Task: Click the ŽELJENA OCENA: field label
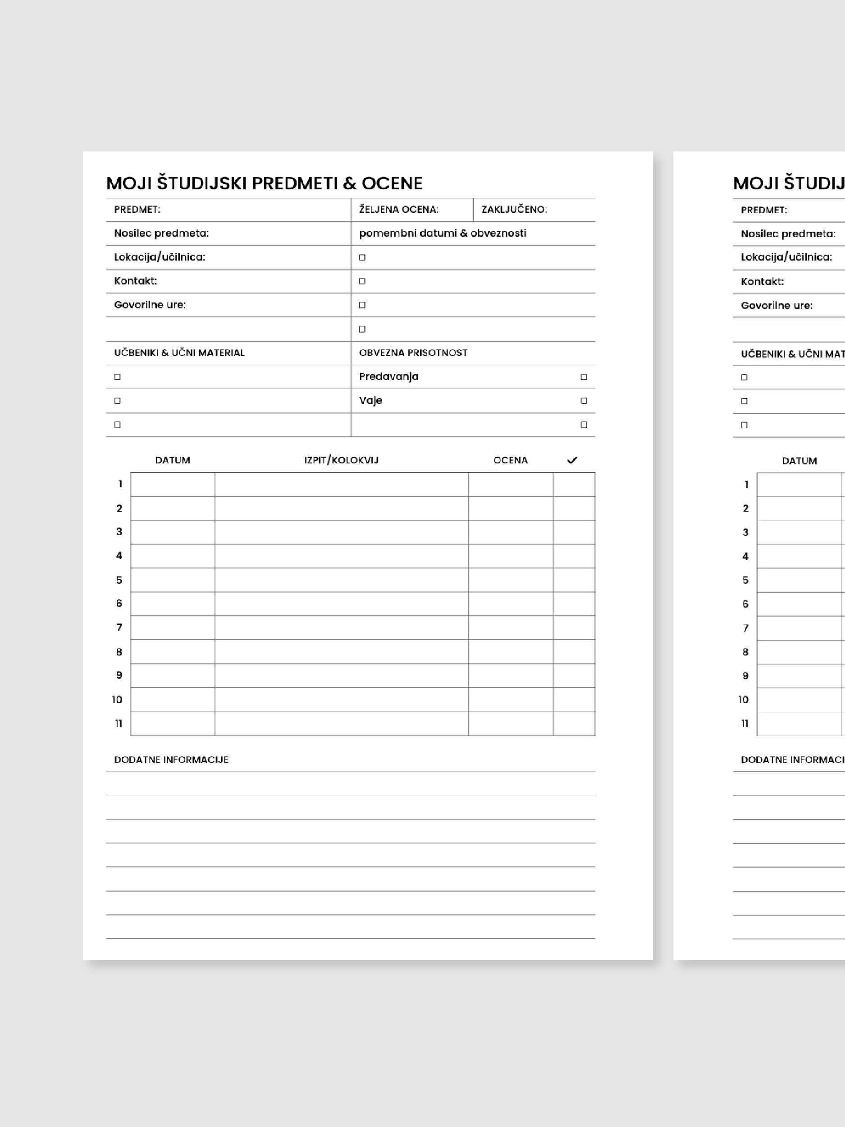coord(398,210)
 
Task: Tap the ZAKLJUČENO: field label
coord(514,210)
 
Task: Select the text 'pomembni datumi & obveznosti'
coord(443,234)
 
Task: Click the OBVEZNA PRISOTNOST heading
coord(413,353)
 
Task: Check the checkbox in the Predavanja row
coord(584,377)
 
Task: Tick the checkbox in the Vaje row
coord(584,401)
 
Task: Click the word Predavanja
coord(388,376)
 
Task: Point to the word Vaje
coord(370,400)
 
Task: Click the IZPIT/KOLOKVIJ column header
coord(341,460)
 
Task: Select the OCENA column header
coord(510,460)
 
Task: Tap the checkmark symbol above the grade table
coord(572,460)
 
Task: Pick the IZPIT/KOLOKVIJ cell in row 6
coord(341,604)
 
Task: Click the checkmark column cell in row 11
coord(574,724)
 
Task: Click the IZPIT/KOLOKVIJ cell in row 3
coord(341,532)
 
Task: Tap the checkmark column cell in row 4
coord(574,556)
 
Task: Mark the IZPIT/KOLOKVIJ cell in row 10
coord(341,700)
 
